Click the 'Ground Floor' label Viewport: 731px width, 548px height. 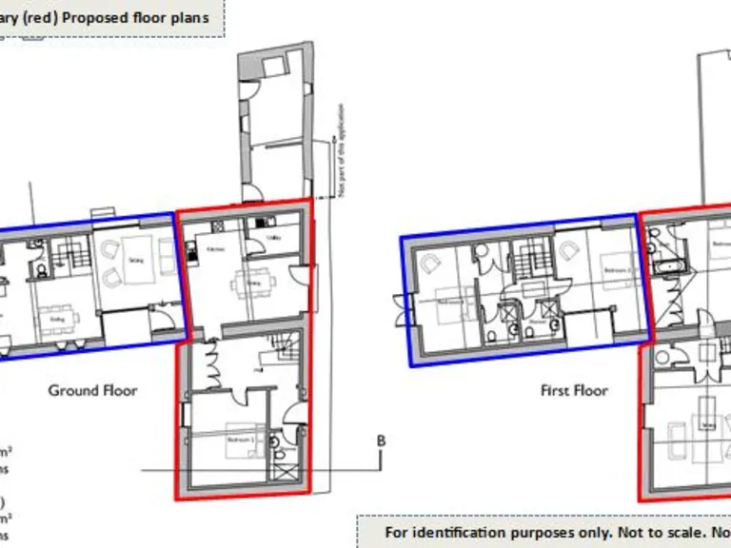[92, 390]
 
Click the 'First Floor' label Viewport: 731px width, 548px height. [574, 390]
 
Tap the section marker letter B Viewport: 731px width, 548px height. [381, 440]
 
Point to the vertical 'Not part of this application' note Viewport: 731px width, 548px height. [340, 166]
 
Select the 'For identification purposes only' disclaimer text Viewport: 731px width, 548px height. [495, 531]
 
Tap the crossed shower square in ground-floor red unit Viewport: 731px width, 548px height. [281, 472]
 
